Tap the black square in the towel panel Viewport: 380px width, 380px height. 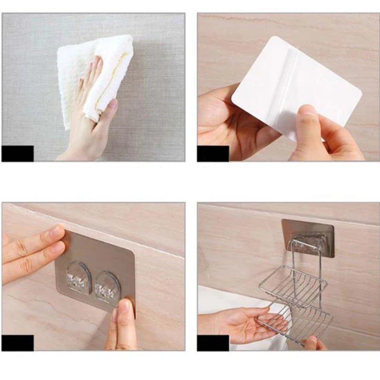coord(18,153)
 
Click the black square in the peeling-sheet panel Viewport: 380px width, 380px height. coord(213,153)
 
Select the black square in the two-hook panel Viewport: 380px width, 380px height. coord(18,342)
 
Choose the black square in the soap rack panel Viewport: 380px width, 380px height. coord(213,342)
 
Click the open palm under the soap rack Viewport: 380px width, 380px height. coord(247,323)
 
